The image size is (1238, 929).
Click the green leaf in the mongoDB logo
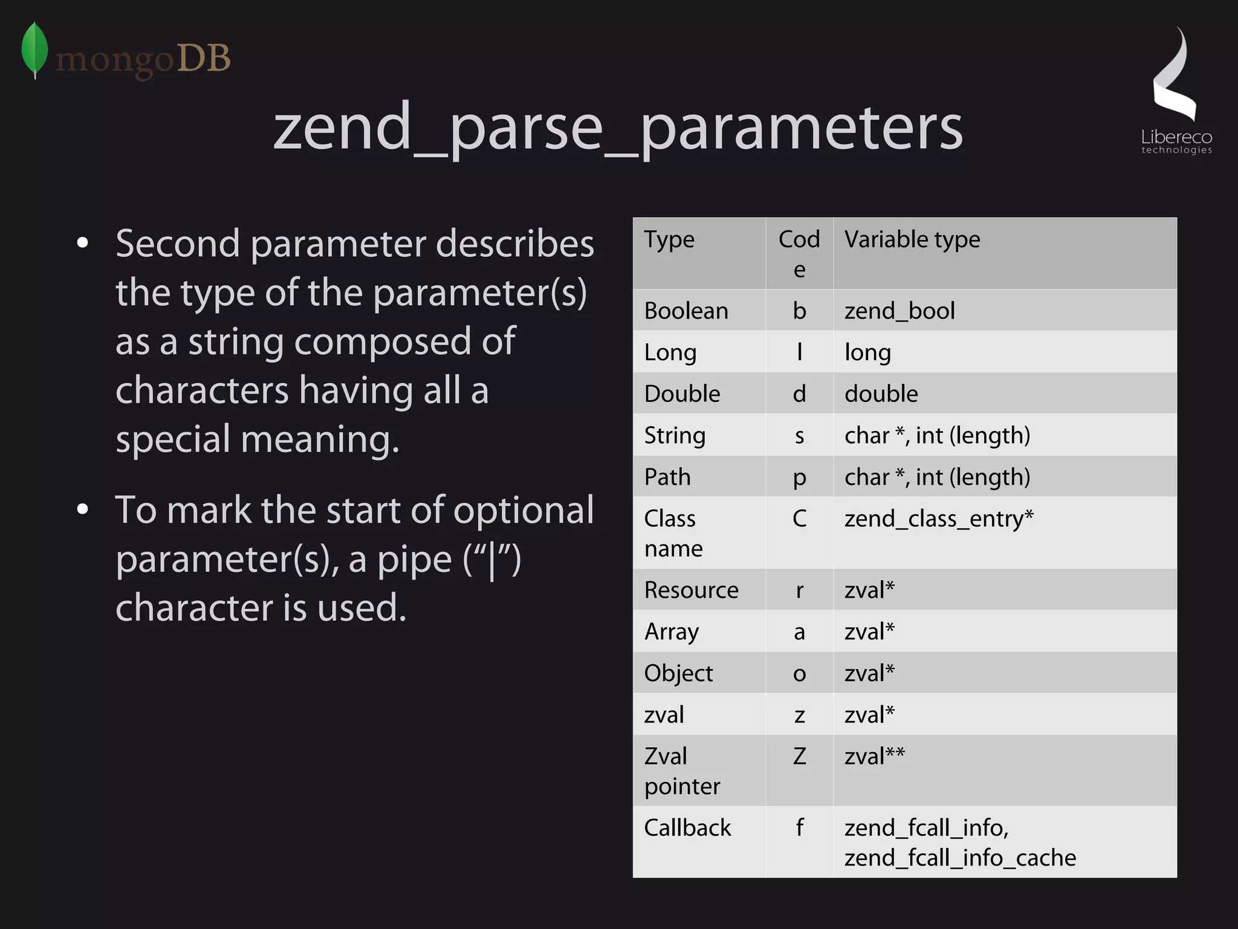34,50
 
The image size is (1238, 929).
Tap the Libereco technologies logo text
1176,141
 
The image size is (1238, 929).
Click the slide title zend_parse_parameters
617,128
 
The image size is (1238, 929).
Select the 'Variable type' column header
912,240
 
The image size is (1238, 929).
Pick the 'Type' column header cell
669,240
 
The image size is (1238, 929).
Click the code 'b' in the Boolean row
799,311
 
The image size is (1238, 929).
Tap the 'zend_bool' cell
899,311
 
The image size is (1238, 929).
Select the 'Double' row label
682,394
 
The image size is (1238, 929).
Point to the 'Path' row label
667,477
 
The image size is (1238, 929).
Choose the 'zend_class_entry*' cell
939,519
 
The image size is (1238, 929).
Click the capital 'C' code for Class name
799,519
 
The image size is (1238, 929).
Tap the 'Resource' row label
691,591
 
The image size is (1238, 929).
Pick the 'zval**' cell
874,757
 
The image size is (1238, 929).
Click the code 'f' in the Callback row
799,828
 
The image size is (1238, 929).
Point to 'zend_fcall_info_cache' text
960,858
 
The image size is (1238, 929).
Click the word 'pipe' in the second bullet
414,560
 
